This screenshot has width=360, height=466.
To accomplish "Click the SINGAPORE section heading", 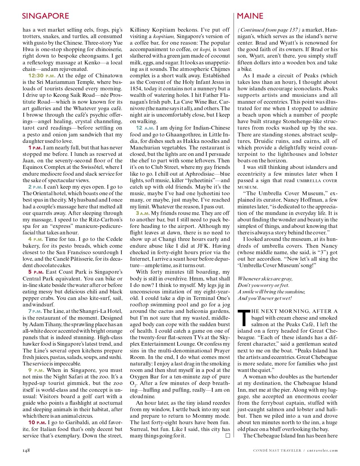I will tap(45, 16).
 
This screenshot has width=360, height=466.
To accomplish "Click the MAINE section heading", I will tap(250, 16).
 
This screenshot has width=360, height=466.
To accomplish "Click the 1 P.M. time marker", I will tap(35, 148).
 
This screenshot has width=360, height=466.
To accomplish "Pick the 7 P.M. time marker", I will tap(35, 311).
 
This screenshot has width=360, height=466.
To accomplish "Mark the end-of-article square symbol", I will tap(228, 435).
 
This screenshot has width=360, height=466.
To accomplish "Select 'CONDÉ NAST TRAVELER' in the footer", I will tap(277, 450).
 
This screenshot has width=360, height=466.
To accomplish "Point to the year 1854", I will tap(136, 89).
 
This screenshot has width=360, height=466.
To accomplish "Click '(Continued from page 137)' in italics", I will tap(269, 30).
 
